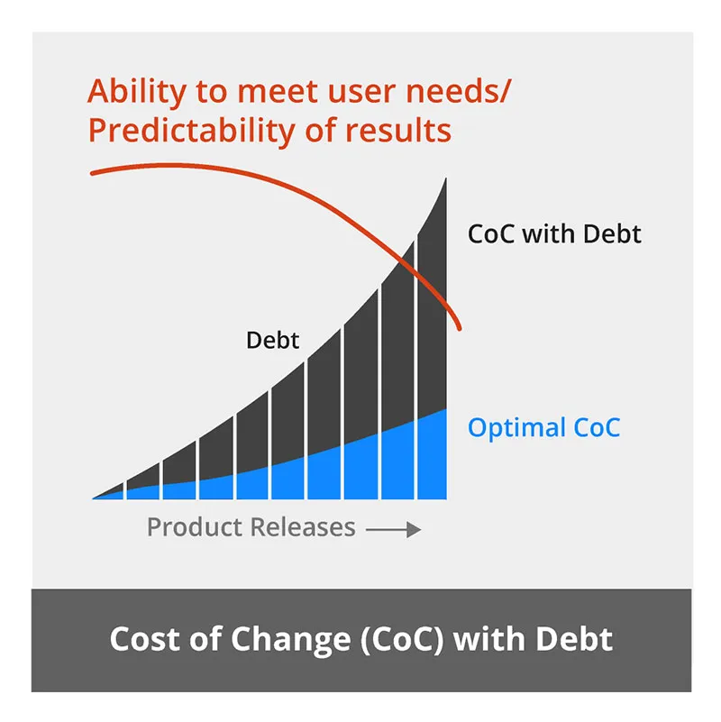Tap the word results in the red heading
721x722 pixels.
click(397, 132)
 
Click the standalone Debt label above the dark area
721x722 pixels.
click(272, 341)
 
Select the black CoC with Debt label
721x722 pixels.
click(554, 233)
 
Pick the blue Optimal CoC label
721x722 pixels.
click(543, 426)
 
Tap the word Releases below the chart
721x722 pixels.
click(304, 527)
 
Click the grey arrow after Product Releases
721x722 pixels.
click(395, 530)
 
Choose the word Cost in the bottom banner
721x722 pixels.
click(143, 639)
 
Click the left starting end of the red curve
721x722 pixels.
click(93, 171)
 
